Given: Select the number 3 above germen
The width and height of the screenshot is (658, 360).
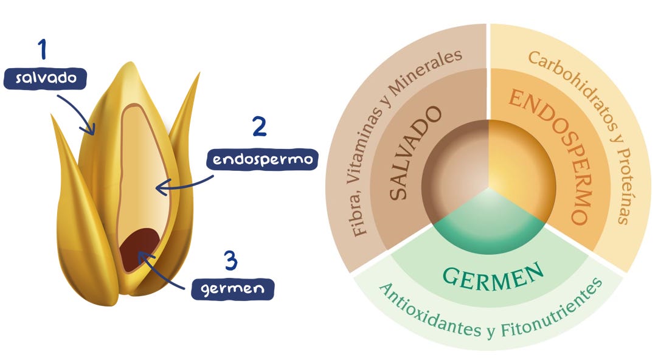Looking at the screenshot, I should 230,261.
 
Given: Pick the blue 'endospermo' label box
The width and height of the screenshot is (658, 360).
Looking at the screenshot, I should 262,159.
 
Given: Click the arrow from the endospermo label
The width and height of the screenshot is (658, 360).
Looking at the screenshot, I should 182,185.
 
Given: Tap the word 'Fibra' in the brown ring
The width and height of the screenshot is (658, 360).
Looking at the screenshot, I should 359,219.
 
